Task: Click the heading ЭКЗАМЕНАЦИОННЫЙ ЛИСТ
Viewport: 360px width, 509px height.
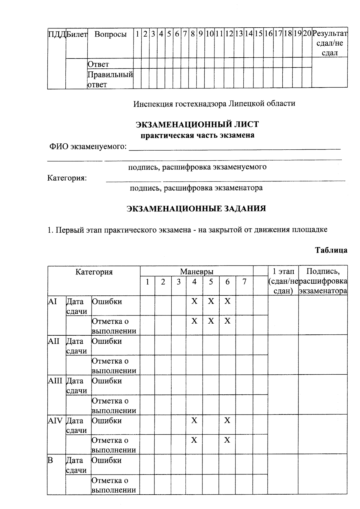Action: click(197, 124)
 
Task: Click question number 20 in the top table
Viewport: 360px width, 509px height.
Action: click(307, 34)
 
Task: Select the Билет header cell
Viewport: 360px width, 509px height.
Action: click(77, 34)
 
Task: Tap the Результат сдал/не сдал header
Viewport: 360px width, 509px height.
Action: click(330, 43)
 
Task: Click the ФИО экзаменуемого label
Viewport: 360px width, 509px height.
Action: click(88, 147)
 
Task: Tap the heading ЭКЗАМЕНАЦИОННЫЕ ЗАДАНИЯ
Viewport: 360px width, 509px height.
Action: click(196, 209)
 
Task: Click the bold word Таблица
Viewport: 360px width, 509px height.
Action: click(331, 250)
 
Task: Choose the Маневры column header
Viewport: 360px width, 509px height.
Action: click(196, 272)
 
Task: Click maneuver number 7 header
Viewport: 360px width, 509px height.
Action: click(244, 282)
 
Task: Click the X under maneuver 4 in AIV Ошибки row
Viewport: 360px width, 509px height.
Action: click(194, 421)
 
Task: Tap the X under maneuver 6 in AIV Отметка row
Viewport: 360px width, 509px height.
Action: click(227, 440)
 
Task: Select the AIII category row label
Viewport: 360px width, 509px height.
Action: click(55, 381)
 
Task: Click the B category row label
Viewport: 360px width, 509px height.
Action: click(50, 460)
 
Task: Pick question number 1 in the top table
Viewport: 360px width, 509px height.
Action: click(137, 34)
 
